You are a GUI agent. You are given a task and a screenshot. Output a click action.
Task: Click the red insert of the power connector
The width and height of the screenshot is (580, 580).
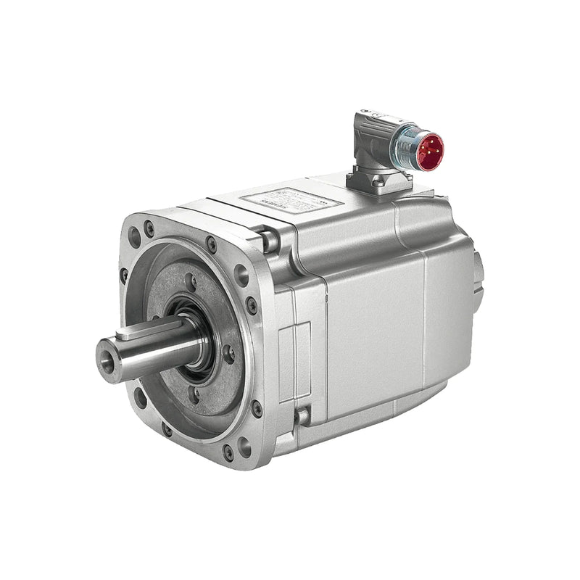click(429, 152)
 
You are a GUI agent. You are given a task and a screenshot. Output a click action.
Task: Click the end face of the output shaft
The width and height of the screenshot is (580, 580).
click(108, 360)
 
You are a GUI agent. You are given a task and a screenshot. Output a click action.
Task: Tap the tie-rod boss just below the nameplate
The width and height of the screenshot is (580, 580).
click(270, 239)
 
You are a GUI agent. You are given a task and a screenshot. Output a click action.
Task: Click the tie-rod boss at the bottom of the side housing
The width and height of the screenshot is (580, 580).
click(302, 416)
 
